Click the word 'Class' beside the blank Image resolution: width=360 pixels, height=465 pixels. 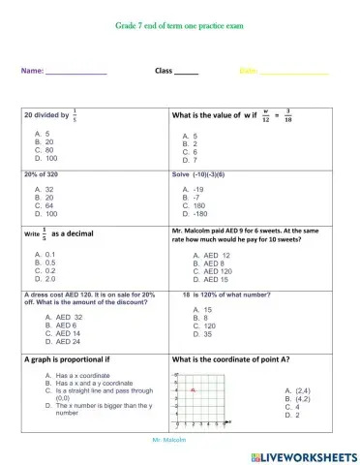click(x=165, y=71)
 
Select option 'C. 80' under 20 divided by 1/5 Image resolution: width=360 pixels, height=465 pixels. click(x=44, y=150)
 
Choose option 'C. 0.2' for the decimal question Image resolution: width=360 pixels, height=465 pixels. click(x=44, y=270)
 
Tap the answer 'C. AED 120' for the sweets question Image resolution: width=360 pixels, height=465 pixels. click(x=209, y=270)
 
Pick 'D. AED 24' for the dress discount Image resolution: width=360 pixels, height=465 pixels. click(x=63, y=341)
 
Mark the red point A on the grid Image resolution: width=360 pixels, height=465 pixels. click(x=194, y=389)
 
